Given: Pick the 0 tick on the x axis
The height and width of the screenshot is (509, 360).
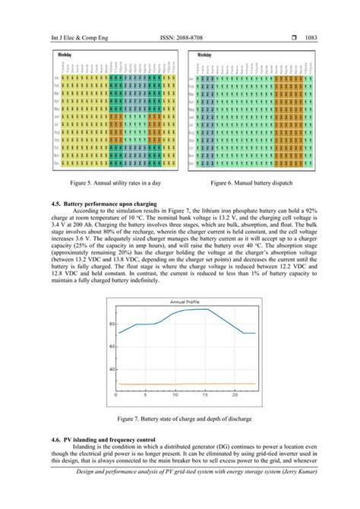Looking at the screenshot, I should tap(116, 395).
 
